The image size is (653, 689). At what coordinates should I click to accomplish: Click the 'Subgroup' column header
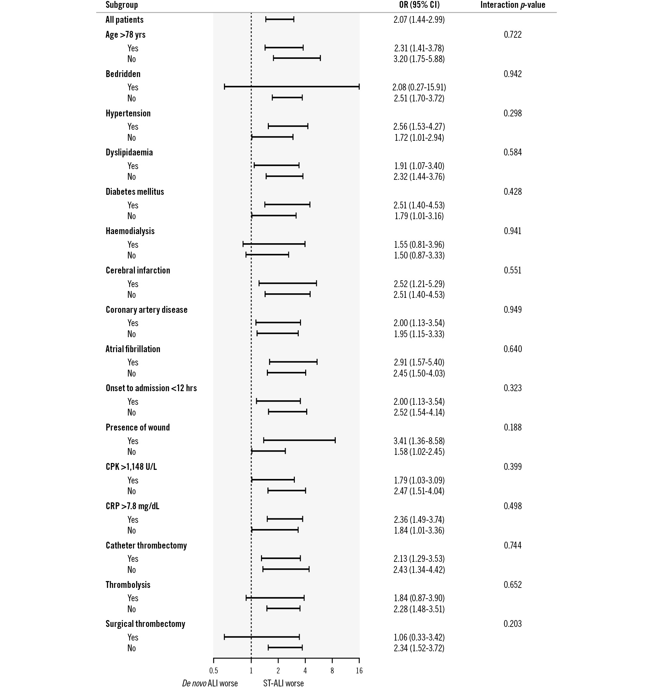click(122, 5)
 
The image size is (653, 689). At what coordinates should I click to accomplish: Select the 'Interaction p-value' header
click(512, 5)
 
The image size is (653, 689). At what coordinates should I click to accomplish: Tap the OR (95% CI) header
click(419, 5)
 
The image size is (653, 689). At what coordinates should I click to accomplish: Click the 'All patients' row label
click(124, 20)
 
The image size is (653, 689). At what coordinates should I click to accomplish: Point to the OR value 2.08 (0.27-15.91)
click(419, 87)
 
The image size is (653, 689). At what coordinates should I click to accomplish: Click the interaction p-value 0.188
click(512, 428)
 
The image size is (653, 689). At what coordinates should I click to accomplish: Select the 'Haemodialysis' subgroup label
click(130, 231)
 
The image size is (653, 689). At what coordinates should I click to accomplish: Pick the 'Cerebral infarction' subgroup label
click(138, 271)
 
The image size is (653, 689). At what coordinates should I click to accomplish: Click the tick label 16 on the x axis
click(359, 671)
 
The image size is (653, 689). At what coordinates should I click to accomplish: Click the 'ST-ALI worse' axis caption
click(283, 683)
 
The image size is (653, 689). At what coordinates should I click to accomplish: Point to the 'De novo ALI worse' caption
click(210, 683)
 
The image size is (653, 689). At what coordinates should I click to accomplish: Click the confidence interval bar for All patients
click(280, 20)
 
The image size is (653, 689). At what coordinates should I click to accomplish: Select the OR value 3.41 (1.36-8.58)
click(419, 441)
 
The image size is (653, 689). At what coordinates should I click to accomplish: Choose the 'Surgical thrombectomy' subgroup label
click(145, 624)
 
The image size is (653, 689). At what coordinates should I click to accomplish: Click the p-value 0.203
click(512, 624)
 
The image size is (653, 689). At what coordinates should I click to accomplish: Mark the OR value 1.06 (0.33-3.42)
click(419, 638)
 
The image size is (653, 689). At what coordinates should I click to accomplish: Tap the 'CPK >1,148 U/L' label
click(131, 467)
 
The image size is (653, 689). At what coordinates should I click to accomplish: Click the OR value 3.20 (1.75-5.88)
click(419, 59)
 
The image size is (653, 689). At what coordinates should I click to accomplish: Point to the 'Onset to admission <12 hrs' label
click(151, 388)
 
